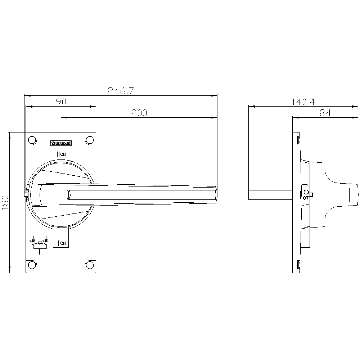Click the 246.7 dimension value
[121, 91]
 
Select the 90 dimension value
[61, 102]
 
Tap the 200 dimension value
[139, 113]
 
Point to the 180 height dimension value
[5, 202]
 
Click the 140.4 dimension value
[303, 102]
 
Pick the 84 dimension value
[325, 113]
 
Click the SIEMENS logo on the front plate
[61, 143]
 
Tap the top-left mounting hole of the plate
[32, 140]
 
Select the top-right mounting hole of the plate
[90, 140]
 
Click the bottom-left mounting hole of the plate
[32, 265]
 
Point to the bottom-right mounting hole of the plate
[90, 265]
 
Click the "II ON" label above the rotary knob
[61, 154]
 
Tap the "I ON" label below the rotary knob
[62, 243]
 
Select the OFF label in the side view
[306, 198]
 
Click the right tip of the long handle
[217, 194]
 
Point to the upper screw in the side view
[298, 140]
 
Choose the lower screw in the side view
[298, 265]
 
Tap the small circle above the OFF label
[306, 192]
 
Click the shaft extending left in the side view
[270, 195]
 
